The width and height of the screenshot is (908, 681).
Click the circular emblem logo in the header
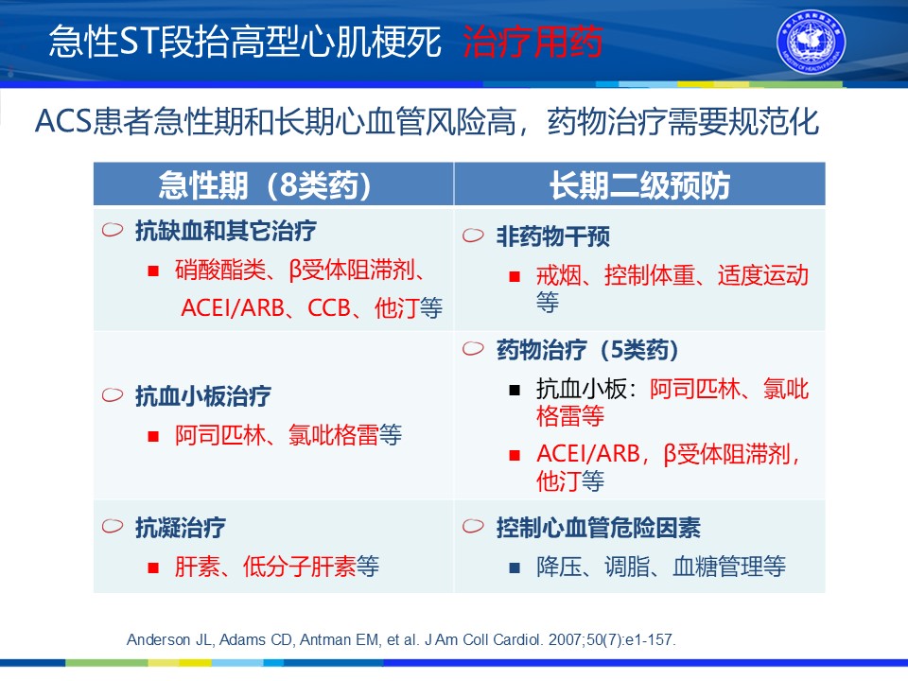pyautogui.click(x=811, y=42)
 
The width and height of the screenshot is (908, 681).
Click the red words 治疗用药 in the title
pyautogui.click(x=533, y=42)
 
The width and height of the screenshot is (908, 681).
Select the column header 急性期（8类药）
pyautogui.click(x=265, y=185)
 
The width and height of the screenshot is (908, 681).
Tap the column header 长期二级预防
pyautogui.click(x=639, y=185)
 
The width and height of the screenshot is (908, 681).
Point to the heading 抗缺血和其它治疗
pyautogui.click(x=225, y=231)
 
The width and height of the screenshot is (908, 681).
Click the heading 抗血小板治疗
pyautogui.click(x=202, y=396)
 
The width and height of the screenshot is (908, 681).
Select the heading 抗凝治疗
pyautogui.click(x=180, y=527)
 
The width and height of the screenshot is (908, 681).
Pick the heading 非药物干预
pyautogui.click(x=552, y=236)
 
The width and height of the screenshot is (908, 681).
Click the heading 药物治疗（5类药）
pyautogui.click(x=587, y=349)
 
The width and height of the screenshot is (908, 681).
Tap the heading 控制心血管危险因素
pyautogui.click(x=598, y=527)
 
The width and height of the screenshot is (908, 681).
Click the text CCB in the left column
pyautogui.click(x=328, y=308)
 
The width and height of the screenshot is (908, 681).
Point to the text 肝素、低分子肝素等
pyautogui.click(x=277, y=566)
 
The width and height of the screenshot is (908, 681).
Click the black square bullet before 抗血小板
pyautogui.click(x=515, y=390)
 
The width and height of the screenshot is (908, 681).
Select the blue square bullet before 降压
pyautogui.click(x=515, y=567)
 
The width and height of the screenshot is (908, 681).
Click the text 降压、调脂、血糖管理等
pyautogui.click(x=661, y=566)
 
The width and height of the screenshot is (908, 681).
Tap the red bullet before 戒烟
pyautogui.click(x=515, y=277)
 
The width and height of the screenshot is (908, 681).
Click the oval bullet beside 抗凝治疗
pyautogui.click(x=113, y=526)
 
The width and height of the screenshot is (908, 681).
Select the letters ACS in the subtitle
pyautogui.click(x=63, y=122)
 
